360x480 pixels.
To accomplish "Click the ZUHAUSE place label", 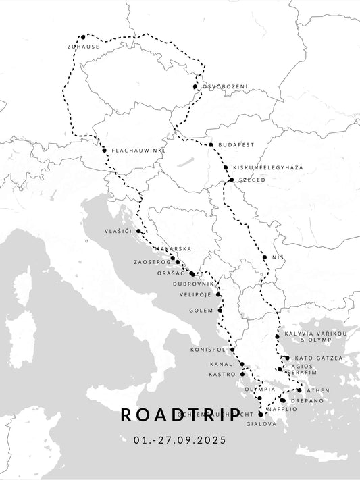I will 83,47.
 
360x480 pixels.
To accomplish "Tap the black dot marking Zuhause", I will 82,38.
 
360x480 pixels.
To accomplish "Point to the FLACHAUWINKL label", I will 138,150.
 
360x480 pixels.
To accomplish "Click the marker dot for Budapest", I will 211,145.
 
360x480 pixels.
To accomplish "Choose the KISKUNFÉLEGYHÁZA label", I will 267,167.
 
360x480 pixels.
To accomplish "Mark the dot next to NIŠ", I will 265,257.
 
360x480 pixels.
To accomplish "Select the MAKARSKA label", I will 172,249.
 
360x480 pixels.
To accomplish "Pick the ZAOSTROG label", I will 152,261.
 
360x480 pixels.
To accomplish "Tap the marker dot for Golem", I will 220,310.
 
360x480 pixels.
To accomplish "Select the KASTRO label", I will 222,374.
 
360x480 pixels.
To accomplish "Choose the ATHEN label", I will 318,390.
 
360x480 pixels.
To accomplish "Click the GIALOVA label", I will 262,424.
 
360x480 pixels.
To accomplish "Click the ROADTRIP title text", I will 180,414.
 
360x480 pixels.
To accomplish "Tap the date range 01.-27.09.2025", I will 180,439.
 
